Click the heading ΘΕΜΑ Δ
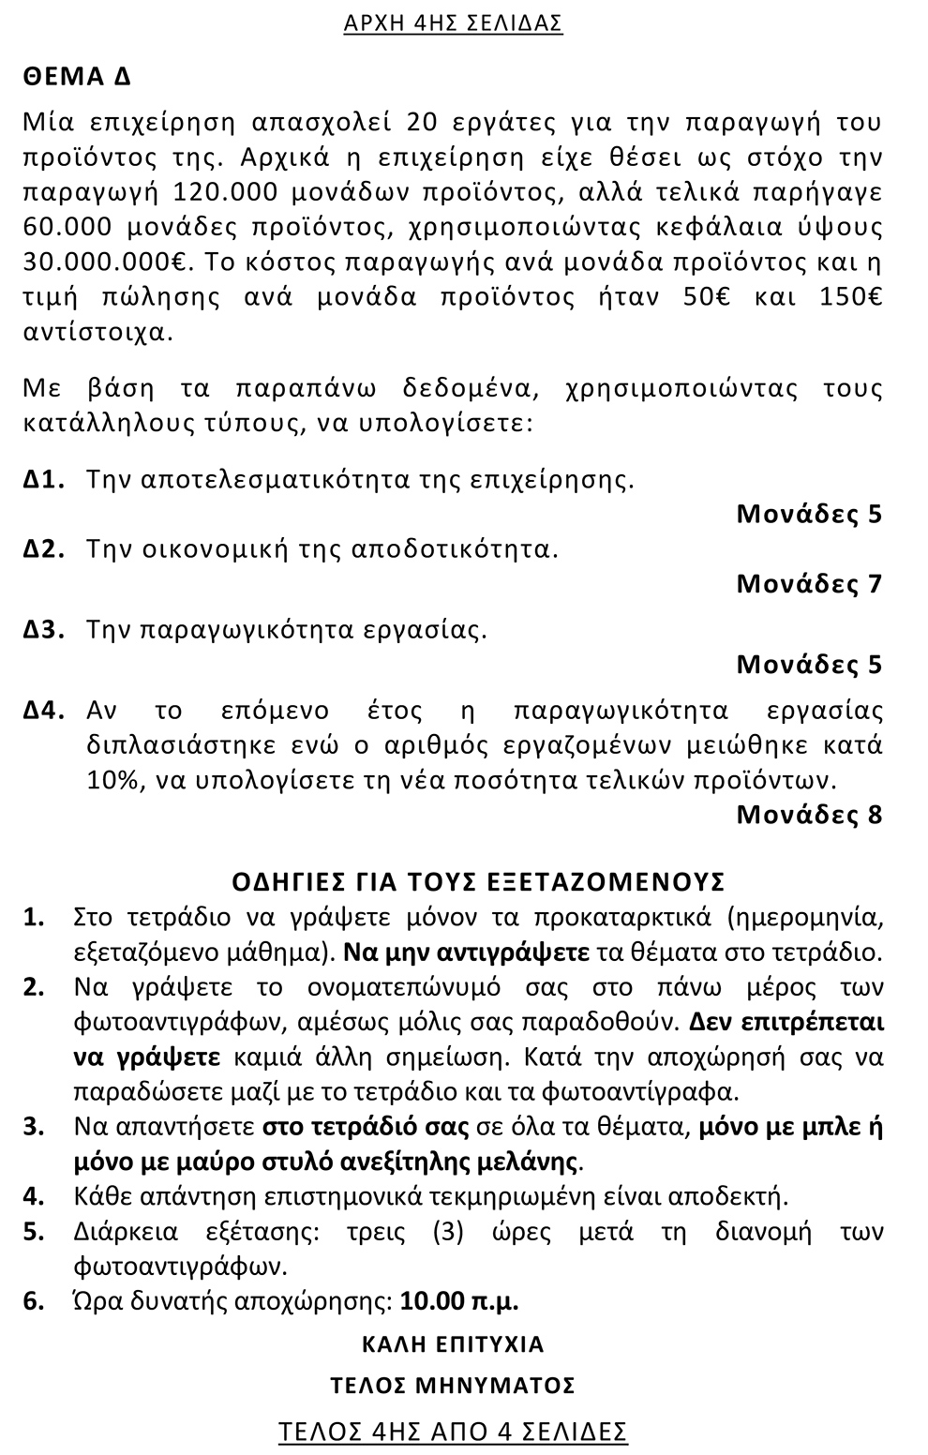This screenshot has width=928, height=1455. click(x=77, y=78)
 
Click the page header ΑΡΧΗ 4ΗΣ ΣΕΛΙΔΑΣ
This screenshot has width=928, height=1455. click(x=453, y=23)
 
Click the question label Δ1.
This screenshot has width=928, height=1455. click(x=43, y=480)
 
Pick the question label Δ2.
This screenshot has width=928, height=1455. click(x=43, y=549)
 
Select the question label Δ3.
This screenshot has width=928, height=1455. click(x=43, y=630)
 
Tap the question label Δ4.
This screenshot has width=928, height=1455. click(x=43, y=711)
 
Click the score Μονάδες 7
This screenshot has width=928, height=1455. click(x=809, y=584)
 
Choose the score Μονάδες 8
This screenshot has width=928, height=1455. click(x=809, y=815)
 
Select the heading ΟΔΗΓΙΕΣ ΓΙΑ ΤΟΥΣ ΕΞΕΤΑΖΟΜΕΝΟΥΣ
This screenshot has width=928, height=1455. click(x=478, y=882)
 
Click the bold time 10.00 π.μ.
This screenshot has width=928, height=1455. click(x=459, y=1302)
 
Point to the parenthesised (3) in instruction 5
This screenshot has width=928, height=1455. click(x=449, y=1232)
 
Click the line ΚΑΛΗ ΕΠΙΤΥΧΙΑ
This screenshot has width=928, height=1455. click(x=453, y=1344)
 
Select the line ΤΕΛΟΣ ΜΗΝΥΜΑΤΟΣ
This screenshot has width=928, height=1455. click(x=453, y=1386)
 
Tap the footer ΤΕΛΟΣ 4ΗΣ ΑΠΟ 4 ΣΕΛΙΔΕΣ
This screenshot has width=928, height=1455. click(x=453, y=1432)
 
